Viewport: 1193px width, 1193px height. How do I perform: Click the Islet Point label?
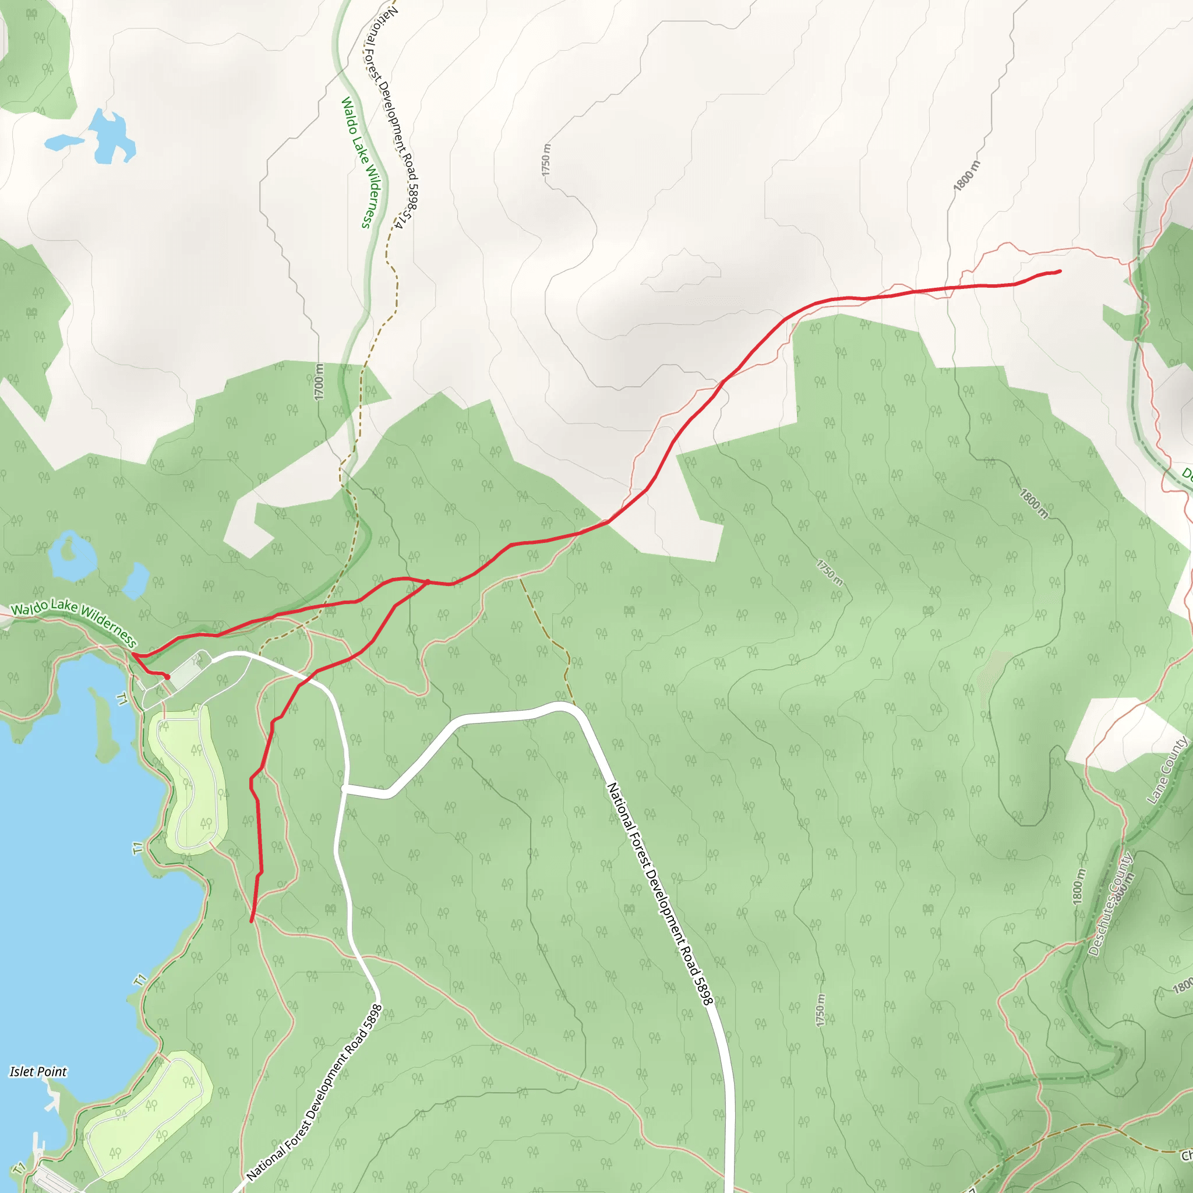(38, 1071)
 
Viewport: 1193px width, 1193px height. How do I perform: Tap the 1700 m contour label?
(319, 382)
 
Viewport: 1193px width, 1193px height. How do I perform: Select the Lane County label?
(1166, 770)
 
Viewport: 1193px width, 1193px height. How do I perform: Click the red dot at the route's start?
(167, 677)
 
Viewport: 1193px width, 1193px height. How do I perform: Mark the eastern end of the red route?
(1060, 271)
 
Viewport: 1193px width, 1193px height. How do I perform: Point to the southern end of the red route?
(251, 922)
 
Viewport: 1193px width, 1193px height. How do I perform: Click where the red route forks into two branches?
(428, 582)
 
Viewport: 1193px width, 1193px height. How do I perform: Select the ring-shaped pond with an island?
(70, 555)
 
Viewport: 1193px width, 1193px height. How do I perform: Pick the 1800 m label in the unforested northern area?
(966, 175)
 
